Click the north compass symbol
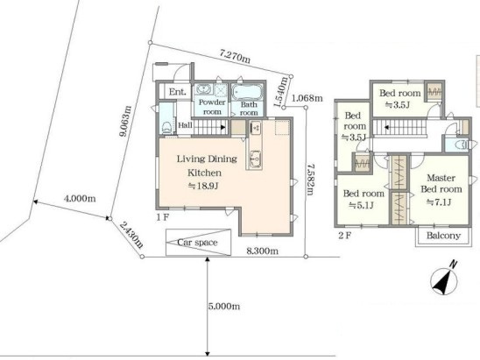(444, 280)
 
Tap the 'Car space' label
(197, 243)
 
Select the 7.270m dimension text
(235, 56)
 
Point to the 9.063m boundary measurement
(125, 121)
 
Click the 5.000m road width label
(224, 306)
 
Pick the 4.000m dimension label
(80, 199)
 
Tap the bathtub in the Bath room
(247, 91)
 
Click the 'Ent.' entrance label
(178, 91)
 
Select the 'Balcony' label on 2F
(443, 236)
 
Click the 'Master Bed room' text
(441, 183)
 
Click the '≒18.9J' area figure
(202, 186)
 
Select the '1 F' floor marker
(163, 217)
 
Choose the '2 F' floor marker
(345, 236)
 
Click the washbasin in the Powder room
(203, 89)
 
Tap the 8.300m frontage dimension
(263, 251)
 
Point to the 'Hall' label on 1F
(185, 125)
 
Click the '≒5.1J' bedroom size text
(361, 205)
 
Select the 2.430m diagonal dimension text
(131, 235)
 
